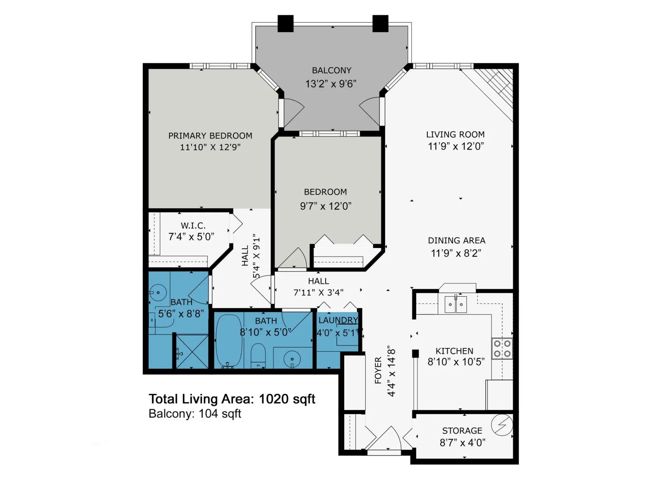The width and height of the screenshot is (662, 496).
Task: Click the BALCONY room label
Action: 331,70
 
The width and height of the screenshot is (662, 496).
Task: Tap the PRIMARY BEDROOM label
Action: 210,136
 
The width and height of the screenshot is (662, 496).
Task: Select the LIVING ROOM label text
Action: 455,134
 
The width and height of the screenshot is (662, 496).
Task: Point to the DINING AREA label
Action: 456,240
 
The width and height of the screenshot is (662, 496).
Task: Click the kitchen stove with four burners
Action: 502,348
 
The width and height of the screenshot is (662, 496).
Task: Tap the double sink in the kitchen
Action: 456,304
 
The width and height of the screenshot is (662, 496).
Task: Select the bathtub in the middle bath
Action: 229,341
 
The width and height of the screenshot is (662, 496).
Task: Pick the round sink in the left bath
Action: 158,292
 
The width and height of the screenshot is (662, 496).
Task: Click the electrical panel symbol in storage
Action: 502,425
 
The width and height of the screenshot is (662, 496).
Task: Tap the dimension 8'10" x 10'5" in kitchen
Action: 456,362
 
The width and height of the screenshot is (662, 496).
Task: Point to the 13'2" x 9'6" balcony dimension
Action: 331,83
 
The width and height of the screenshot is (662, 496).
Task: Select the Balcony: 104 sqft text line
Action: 195,413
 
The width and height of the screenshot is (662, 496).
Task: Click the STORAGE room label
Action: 462,430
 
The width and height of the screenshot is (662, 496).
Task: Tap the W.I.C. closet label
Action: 193,225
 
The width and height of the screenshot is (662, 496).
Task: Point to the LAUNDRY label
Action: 338,320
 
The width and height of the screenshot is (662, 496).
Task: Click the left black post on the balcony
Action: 285,23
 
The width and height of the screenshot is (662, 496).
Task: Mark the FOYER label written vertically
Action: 378,370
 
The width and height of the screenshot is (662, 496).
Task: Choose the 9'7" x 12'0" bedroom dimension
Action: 326,206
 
